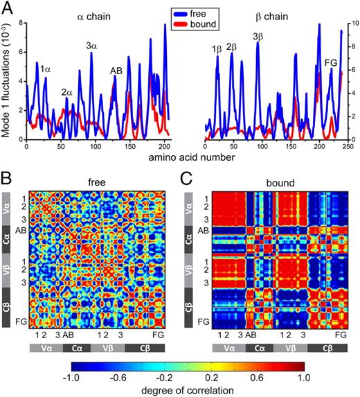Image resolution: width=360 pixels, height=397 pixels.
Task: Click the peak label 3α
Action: tap(91, 46)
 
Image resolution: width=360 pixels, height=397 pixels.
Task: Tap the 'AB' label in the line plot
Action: tap(116, 70)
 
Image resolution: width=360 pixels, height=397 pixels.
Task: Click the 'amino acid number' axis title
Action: tap(181, 160)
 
